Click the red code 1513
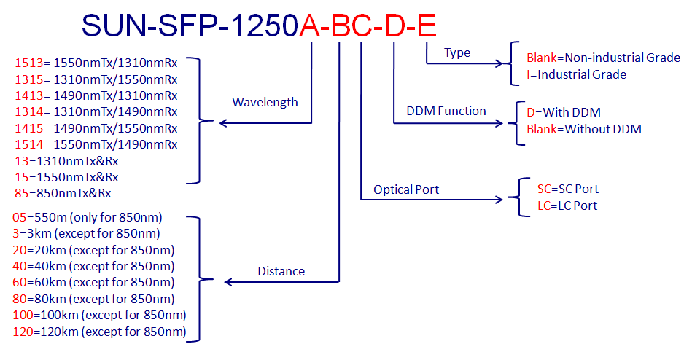tap(28, 63)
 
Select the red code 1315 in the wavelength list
tap(28, 79)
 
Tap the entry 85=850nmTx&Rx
tap(63, 193)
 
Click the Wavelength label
tap(265, 102)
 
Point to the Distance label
tap(281, 271)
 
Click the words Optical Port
tap(406, 189)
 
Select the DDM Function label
tap(446, 111)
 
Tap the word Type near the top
tap(457, 53)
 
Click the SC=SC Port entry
tap(567, 189)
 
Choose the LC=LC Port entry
tap(567, 206)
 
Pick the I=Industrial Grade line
tap(576, 74)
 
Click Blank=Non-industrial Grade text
tap(603, 58)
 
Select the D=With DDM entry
tap(564, 112)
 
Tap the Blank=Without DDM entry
tap(584, 129)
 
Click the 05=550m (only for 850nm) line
tap(88, 217)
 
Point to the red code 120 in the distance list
tap(23, 332)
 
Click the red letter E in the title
tap(427, 26)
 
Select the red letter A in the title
tap(310, 26)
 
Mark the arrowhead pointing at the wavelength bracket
tap(223, 123)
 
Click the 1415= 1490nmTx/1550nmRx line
tap(96, 128)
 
